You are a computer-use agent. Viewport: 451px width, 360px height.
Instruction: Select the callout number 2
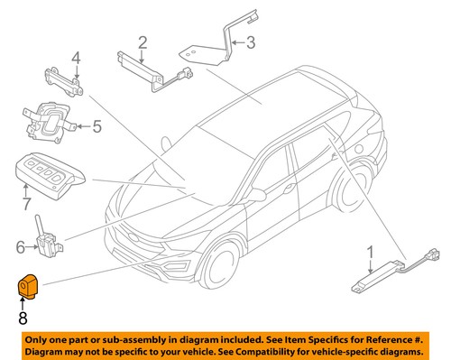click(x=143, y=42)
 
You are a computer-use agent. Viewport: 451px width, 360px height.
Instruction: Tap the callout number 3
click(x=251, y=42)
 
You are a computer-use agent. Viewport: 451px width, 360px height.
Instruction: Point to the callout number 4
click(x=76, y=58)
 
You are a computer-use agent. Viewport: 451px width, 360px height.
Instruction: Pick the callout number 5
click(x=97, y=126)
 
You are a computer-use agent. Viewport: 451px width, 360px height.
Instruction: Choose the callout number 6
click(x=20, y=247)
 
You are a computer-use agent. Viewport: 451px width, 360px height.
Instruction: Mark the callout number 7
click(x=26, y=204)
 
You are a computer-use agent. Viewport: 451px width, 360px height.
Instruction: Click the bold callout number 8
click(x=23, y=318)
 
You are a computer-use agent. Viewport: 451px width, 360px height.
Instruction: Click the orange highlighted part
click(x=28, y=286)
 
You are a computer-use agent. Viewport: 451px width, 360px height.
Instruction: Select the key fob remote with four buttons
click(x=50, y=175)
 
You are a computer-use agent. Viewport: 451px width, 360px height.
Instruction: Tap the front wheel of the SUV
click(x=219, y=264)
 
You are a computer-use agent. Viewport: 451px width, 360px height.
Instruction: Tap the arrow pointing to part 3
click(x=238, y=42)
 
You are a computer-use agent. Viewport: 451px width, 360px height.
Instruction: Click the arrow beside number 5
click(x=84, y=126)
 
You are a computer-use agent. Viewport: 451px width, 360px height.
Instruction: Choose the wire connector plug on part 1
click(x=432, y=254)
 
